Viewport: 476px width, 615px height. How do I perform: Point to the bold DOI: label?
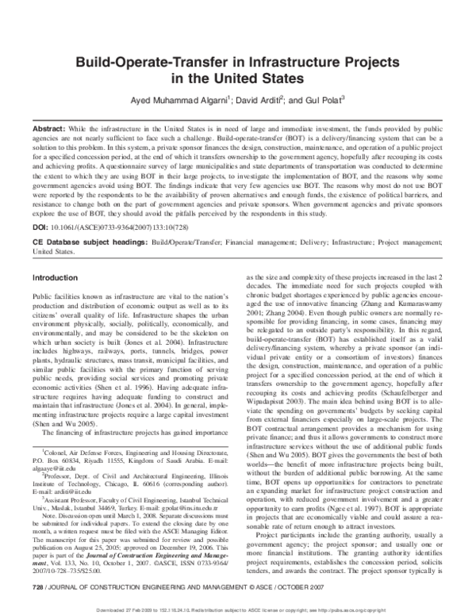[39, 226]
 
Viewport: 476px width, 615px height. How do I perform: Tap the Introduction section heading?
[53, 278]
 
